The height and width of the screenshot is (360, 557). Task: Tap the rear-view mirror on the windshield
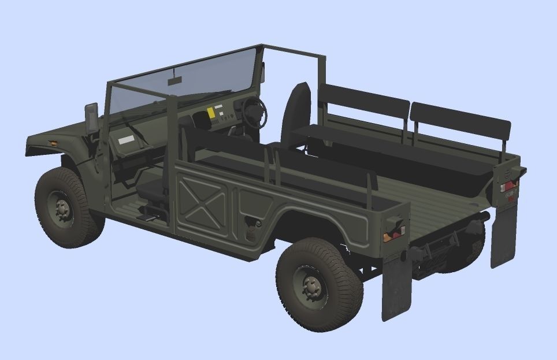[174, 80]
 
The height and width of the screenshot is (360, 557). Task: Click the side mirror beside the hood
[91, 117]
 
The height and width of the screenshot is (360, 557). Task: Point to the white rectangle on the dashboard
[124, 139]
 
